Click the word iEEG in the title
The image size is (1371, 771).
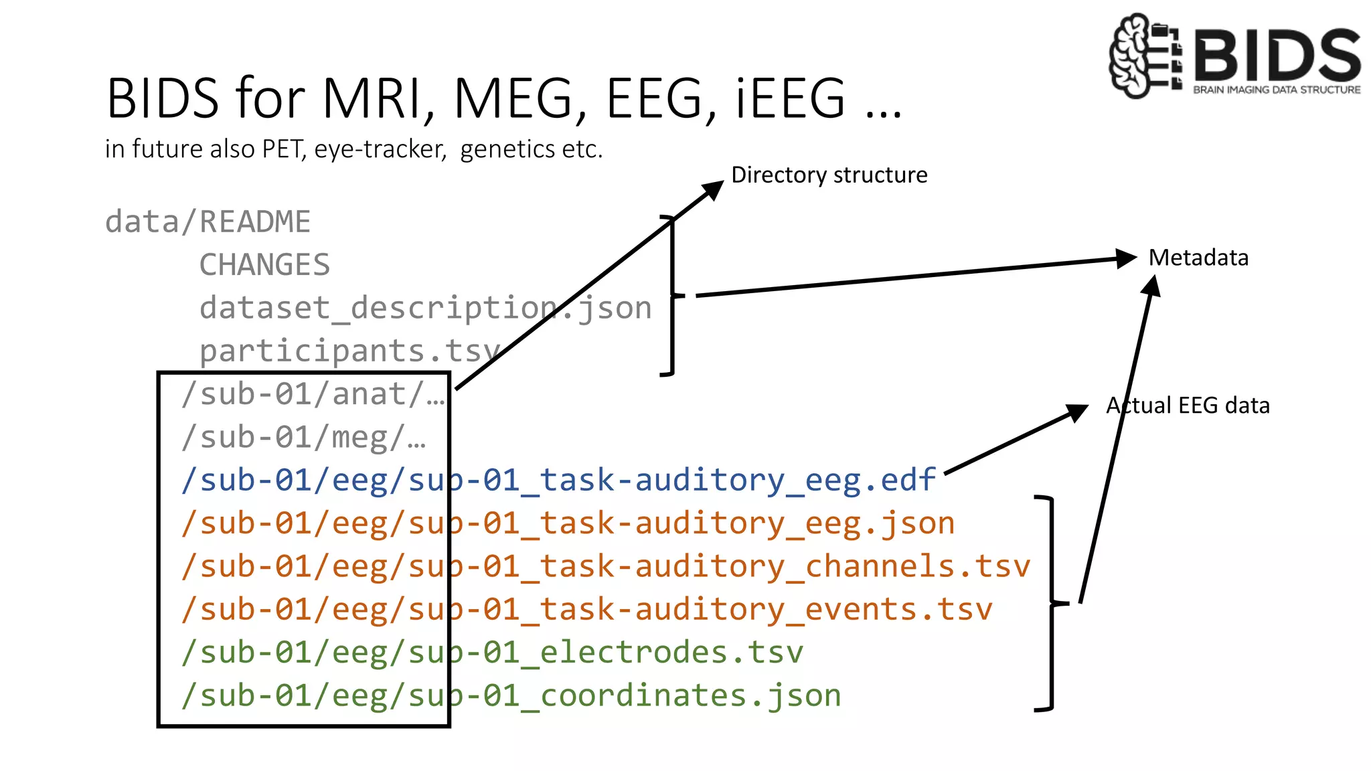[x=790, y=99]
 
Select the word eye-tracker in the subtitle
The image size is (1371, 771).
[x=380, y=149]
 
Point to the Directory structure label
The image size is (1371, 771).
[x=829, y=175]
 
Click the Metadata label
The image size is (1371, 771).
[x=1198, y=258]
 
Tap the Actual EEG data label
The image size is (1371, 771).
[x=1188, y=406]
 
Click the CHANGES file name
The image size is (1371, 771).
[x=264, y=265]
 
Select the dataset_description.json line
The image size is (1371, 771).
[x=425, y=308]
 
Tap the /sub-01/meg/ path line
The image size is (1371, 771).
[x=303, y=438]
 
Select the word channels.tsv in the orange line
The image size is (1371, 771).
[x=917, y=567]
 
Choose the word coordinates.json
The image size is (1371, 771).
[x=690, y=696]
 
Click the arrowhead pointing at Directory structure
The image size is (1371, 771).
[x=713, y=189]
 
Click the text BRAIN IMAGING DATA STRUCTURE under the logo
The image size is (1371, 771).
[x=1277, y=90]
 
